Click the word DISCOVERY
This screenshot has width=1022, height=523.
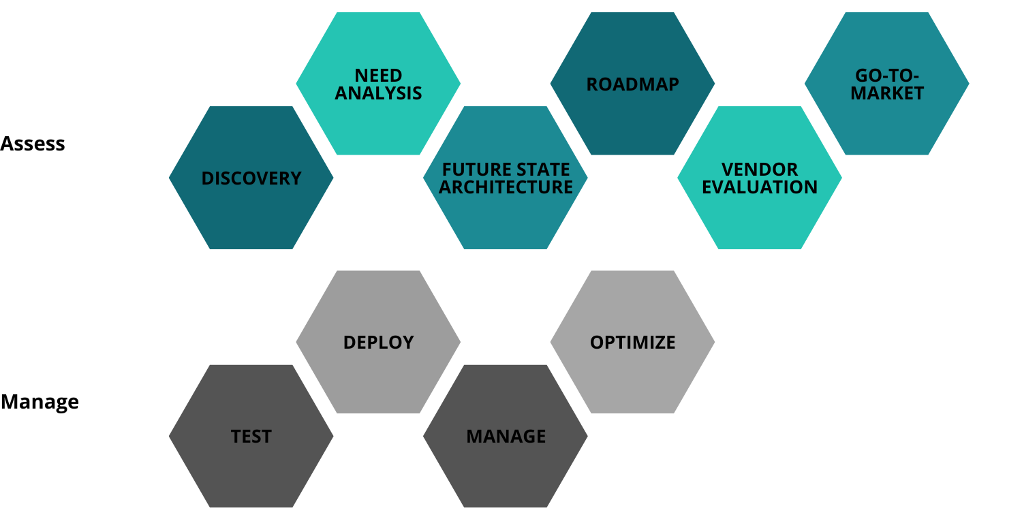(251, 178)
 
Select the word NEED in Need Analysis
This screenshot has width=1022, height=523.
(378, 75)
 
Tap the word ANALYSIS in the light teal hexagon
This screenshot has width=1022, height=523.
(378, 93)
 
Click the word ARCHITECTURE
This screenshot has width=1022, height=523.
(506, 187)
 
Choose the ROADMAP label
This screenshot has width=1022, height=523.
(632, 84)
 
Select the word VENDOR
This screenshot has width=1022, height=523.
(760, 169)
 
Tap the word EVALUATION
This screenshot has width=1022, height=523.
(760, 187)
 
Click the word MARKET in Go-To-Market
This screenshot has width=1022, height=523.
(887, 93)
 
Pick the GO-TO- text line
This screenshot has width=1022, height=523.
(887, 75)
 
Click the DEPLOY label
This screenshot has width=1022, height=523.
(378, 342)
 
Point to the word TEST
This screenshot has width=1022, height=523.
(251, 437)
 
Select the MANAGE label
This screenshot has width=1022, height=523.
(506, 437)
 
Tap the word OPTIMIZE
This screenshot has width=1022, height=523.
(632, 342)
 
